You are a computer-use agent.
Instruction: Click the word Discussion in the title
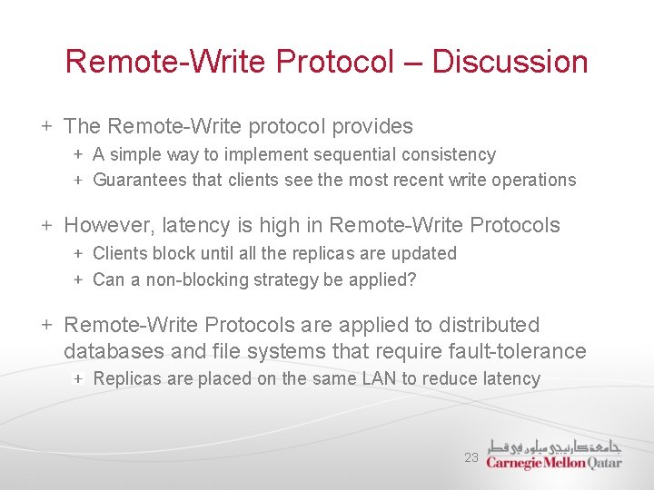coord(510,62)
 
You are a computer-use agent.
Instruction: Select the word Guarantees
coord(140,180)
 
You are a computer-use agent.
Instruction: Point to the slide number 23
coord(471,458)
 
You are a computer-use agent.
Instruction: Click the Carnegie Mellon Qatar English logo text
coord(553,463)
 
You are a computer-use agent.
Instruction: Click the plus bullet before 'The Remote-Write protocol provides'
coord(45,126)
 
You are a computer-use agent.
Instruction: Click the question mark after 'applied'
coord(412,279)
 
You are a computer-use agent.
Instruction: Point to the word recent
coord(412,180)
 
